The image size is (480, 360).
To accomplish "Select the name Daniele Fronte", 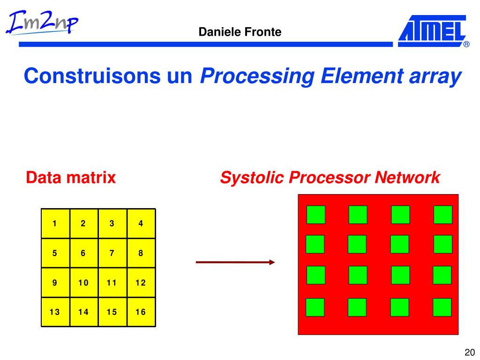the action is (240, 32).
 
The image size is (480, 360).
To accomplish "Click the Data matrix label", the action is (71, 178).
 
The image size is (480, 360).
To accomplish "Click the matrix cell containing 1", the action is (55, 224).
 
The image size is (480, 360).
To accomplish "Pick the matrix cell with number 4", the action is (141, 224).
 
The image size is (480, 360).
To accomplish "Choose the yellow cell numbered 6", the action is (83, 253).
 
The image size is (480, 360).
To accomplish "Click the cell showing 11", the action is (112, 283).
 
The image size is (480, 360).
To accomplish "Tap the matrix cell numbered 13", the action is (55, 312).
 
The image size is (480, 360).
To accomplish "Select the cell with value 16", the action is (141, 312).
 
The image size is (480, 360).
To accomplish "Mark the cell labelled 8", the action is (141, 253).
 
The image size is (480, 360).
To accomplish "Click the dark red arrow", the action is (235, 262).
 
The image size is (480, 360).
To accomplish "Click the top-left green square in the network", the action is (315, 215).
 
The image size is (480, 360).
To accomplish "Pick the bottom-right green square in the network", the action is (442, 307).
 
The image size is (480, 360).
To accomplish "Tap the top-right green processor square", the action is (442, 215).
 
